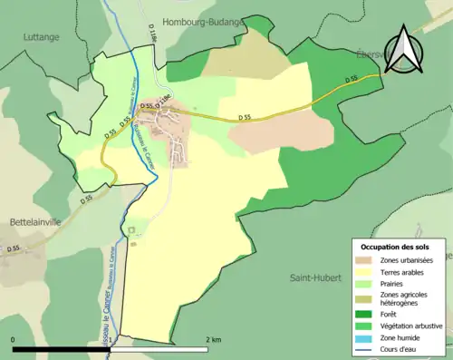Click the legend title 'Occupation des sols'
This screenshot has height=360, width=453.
pos(397,247)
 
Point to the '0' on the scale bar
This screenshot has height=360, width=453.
pos(14,339)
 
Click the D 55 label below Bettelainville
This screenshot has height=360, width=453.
pos(13,248)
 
